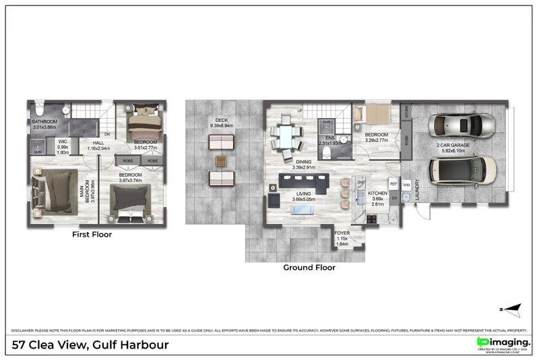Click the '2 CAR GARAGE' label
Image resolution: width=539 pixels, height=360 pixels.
pos(454,145)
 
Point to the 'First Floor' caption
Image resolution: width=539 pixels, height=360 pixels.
pos(92,235)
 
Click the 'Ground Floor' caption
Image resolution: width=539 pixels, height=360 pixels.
pos(309,267)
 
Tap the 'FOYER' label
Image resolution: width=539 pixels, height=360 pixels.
pos(342,233)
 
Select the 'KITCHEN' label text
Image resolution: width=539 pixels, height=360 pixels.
pos(377,193)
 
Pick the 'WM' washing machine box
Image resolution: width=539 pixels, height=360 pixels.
pos(406,184)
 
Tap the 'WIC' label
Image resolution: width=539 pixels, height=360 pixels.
pos(63,142)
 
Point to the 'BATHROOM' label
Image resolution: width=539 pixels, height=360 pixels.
pos(45,122)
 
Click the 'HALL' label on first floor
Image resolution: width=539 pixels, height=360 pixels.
pos(98,142)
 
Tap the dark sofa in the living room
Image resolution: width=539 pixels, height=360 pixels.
pos(303,181)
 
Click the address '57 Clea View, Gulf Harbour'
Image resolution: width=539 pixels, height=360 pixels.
pos(91,345)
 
